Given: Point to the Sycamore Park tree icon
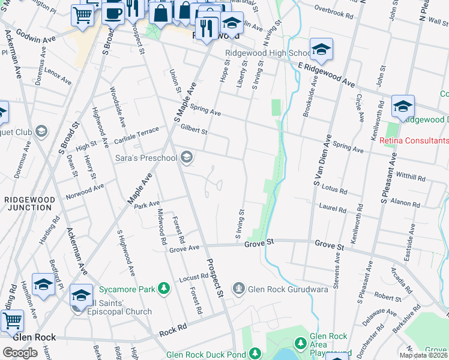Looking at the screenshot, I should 164,289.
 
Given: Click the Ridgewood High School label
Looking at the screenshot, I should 267,53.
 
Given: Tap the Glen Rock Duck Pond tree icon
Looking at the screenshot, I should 255,354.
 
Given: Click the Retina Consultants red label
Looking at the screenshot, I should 414,141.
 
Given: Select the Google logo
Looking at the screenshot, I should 20,352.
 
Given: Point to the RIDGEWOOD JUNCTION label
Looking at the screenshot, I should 30,203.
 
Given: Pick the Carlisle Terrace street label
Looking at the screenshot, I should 137,136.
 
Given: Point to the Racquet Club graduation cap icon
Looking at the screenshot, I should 41,131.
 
